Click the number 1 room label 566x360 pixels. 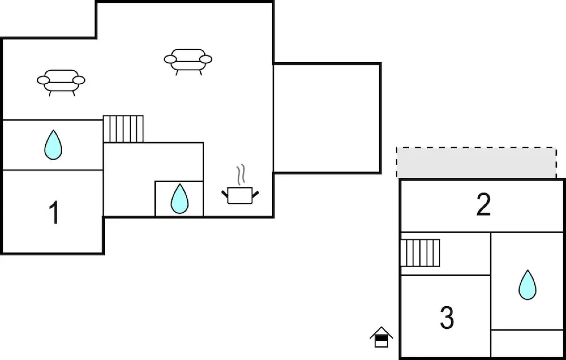tap(54, 213)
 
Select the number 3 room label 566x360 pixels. tap(447, 318)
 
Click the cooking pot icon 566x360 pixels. tap(240, 195)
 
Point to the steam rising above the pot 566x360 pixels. tap(241, 174)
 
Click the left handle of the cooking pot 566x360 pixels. tap(225, 193)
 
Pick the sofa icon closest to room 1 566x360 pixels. tap(61, 81)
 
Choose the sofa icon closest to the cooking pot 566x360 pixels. tap(188, 60)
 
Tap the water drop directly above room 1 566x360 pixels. tap(53, 145)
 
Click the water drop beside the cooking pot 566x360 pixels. tap(179, 199)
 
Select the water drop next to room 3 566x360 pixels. tap(527, 285)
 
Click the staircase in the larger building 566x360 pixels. tap(123, 129)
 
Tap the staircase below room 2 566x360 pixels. tap(420, 253)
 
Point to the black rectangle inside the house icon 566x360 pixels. tap(381, 337)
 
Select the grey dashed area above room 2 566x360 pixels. tap(476, 162)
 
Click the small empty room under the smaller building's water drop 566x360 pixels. tap(527, 343)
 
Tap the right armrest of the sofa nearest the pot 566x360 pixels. tap(206, 59)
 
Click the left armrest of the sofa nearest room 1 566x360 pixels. tap(43, 80)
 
